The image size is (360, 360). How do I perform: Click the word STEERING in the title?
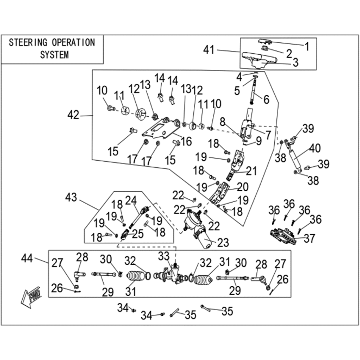(28, 43)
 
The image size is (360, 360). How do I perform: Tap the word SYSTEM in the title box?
(54, 55)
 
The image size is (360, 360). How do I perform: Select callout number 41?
(209, 50)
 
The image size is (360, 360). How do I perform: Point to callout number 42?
(73, 114)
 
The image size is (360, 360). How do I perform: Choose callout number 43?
(71, 197)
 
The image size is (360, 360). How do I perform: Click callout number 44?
(27, 258)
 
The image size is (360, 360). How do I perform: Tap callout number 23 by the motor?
(223, 242)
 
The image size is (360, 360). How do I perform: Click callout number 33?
(164, 256)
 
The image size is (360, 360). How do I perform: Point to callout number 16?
(186, 141)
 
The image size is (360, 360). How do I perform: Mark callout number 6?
(266, 99)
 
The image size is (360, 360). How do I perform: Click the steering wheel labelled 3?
(260, 60)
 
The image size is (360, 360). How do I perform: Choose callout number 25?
(138, 234)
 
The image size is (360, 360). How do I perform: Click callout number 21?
(251, 171)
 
